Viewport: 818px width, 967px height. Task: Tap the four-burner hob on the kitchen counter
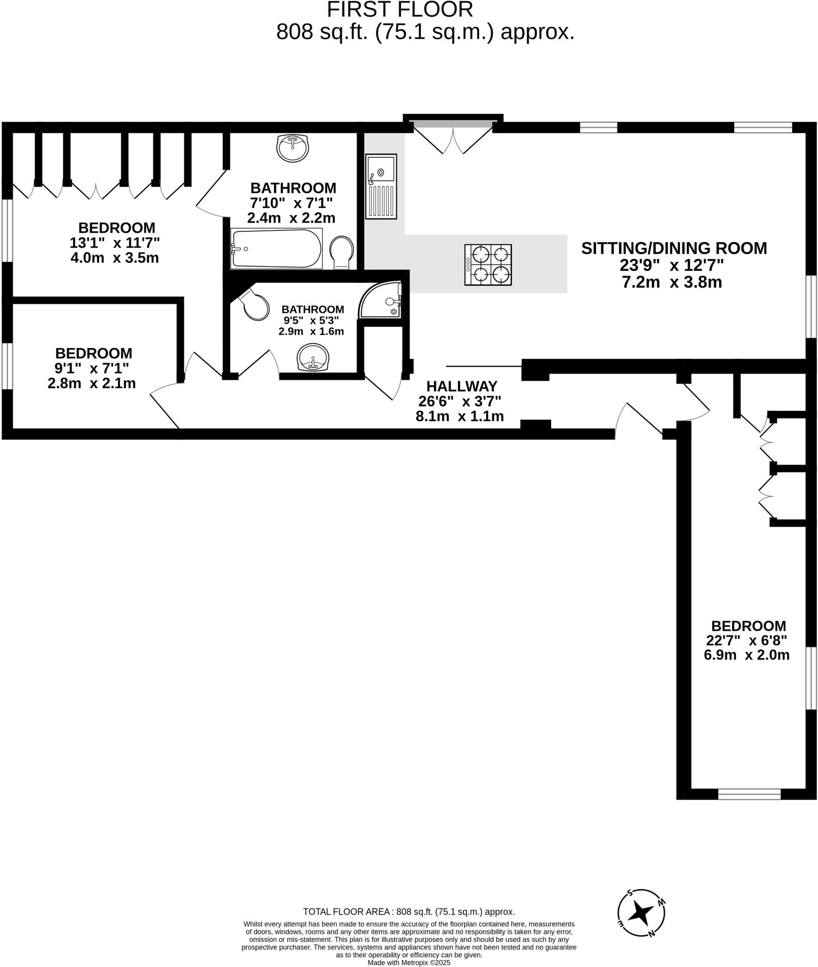tap(488, 264)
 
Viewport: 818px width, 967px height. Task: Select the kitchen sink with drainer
tap(381, 187)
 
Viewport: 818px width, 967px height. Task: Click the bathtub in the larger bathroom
tap(276, 248)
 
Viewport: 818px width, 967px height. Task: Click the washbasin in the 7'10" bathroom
tap(292, 148)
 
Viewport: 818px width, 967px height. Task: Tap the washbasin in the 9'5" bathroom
tap(312, 357)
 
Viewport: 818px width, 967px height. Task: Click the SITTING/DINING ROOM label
tap(674, 248)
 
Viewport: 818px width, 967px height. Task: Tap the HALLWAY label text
tap(461, 386)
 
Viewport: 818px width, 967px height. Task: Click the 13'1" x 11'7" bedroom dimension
tap(114, 243)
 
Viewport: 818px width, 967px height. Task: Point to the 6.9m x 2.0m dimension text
tap(746, 655)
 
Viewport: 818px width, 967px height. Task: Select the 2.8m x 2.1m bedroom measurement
tap(92, 383)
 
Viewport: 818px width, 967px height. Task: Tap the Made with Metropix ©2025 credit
tap(409, 962)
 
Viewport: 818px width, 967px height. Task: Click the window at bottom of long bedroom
tap(749, 794)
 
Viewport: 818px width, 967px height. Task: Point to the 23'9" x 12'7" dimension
tap(672, 265)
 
